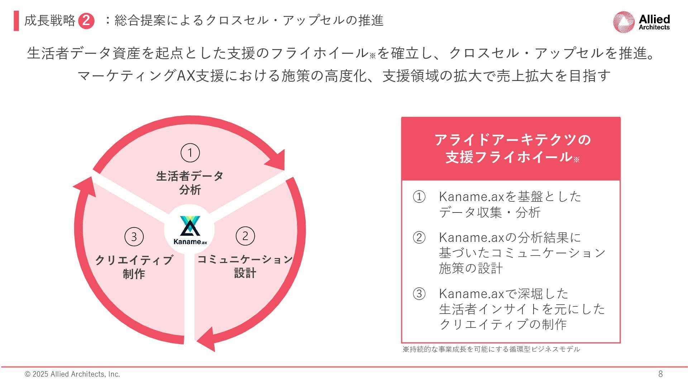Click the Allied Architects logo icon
624,22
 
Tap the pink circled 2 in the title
86,21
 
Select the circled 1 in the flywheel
190,153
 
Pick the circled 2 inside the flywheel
245,236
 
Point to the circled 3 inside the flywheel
134,237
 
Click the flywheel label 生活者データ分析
190,183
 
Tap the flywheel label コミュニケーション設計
245,266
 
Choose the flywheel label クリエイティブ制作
134,267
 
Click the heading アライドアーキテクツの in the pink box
512,140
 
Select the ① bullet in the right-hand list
419,197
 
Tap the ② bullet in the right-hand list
419,238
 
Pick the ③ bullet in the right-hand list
419,294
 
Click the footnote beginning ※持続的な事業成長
491,349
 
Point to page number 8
660,374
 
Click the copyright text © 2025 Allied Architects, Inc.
72,374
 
